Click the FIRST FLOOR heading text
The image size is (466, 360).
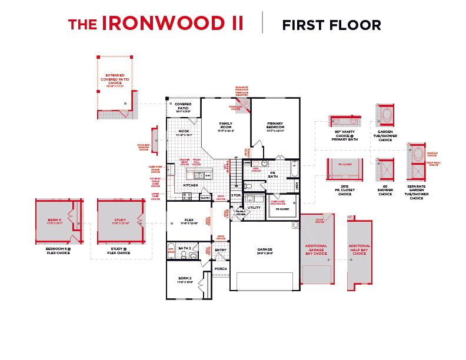coord(331,25)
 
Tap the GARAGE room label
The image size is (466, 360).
coord(265,249)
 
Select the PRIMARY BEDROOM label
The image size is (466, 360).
coord(275,125)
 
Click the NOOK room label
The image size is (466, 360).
coord(184,132)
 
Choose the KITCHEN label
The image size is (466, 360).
coord(190,185)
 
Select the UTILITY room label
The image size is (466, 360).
coord(254,208)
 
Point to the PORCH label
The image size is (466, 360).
coord(221,269)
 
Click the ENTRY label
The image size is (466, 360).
coord(221,250)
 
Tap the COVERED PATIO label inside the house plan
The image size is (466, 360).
coord(183,106)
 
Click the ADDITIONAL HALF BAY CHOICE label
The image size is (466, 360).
coord(360,249)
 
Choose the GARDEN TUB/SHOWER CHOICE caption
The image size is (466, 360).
coord(385,135)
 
